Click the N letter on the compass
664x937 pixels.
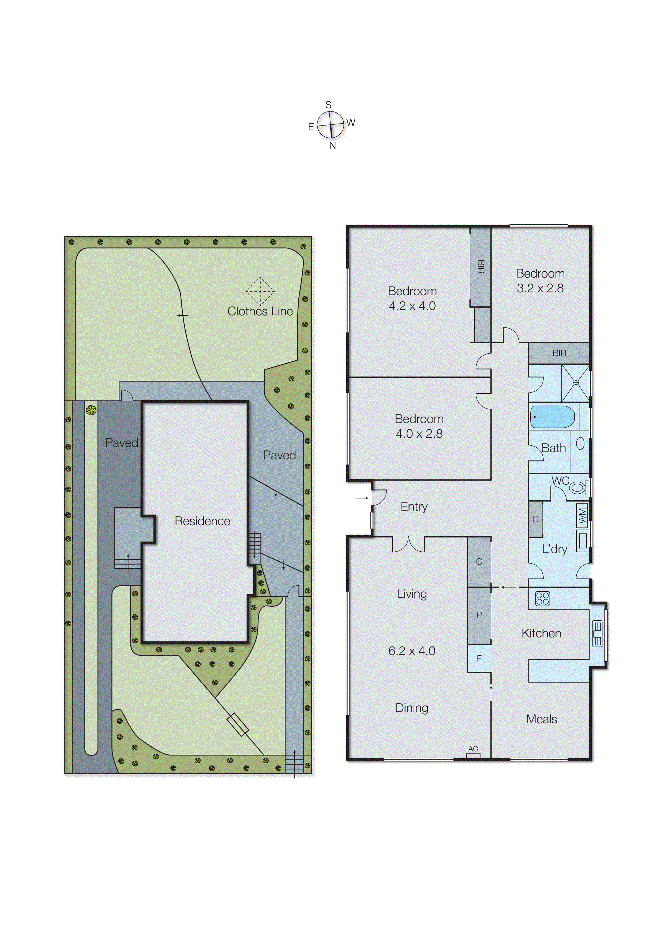(x=332, y=145)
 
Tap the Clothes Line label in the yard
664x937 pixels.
(x=260, y=311)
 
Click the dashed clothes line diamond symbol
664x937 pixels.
(x=260, y=291)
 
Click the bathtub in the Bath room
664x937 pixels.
(x=552, y=417)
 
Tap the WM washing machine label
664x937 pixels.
(x=582, y=516)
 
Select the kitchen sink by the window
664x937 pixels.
(x=597, y=633)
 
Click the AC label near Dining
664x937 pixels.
(x=473, y=749)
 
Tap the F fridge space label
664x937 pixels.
(x=479, y=658)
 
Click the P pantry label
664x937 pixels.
(x=479, y=615)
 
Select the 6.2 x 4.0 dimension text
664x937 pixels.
(x=412, y=651)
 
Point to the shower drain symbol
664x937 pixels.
(x=576, y=383)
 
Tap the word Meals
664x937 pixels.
(x=541, y=719)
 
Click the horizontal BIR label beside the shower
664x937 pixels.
(x=559, y=353)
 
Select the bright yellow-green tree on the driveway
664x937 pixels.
(x=91, y=410)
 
